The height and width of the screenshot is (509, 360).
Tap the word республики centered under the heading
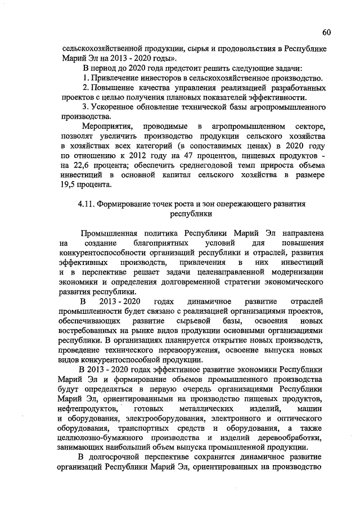pos(191,214)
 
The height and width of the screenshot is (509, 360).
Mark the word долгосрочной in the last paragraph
pos(123,457)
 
